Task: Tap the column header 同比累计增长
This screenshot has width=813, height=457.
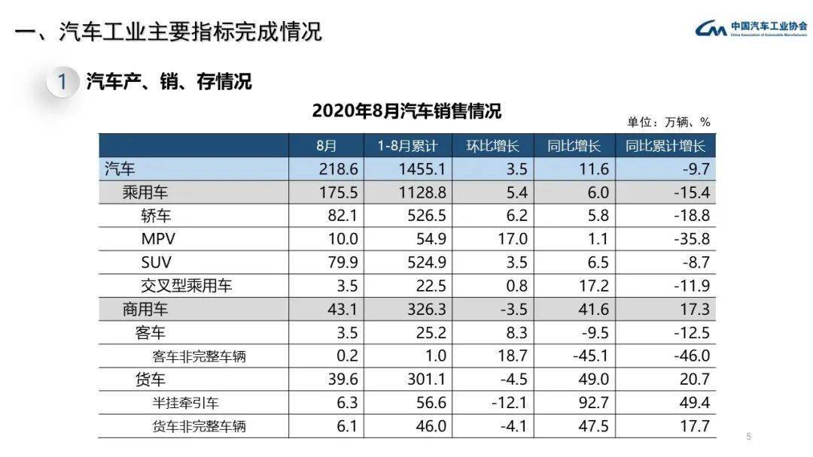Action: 665,146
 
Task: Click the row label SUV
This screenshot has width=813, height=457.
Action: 156,263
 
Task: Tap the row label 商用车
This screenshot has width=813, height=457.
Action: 145,310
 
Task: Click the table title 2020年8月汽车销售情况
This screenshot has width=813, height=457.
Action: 406,112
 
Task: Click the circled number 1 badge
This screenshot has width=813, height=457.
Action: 63,82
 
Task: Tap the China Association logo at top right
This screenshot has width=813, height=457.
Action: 751,29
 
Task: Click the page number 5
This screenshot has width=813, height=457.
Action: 748,437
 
